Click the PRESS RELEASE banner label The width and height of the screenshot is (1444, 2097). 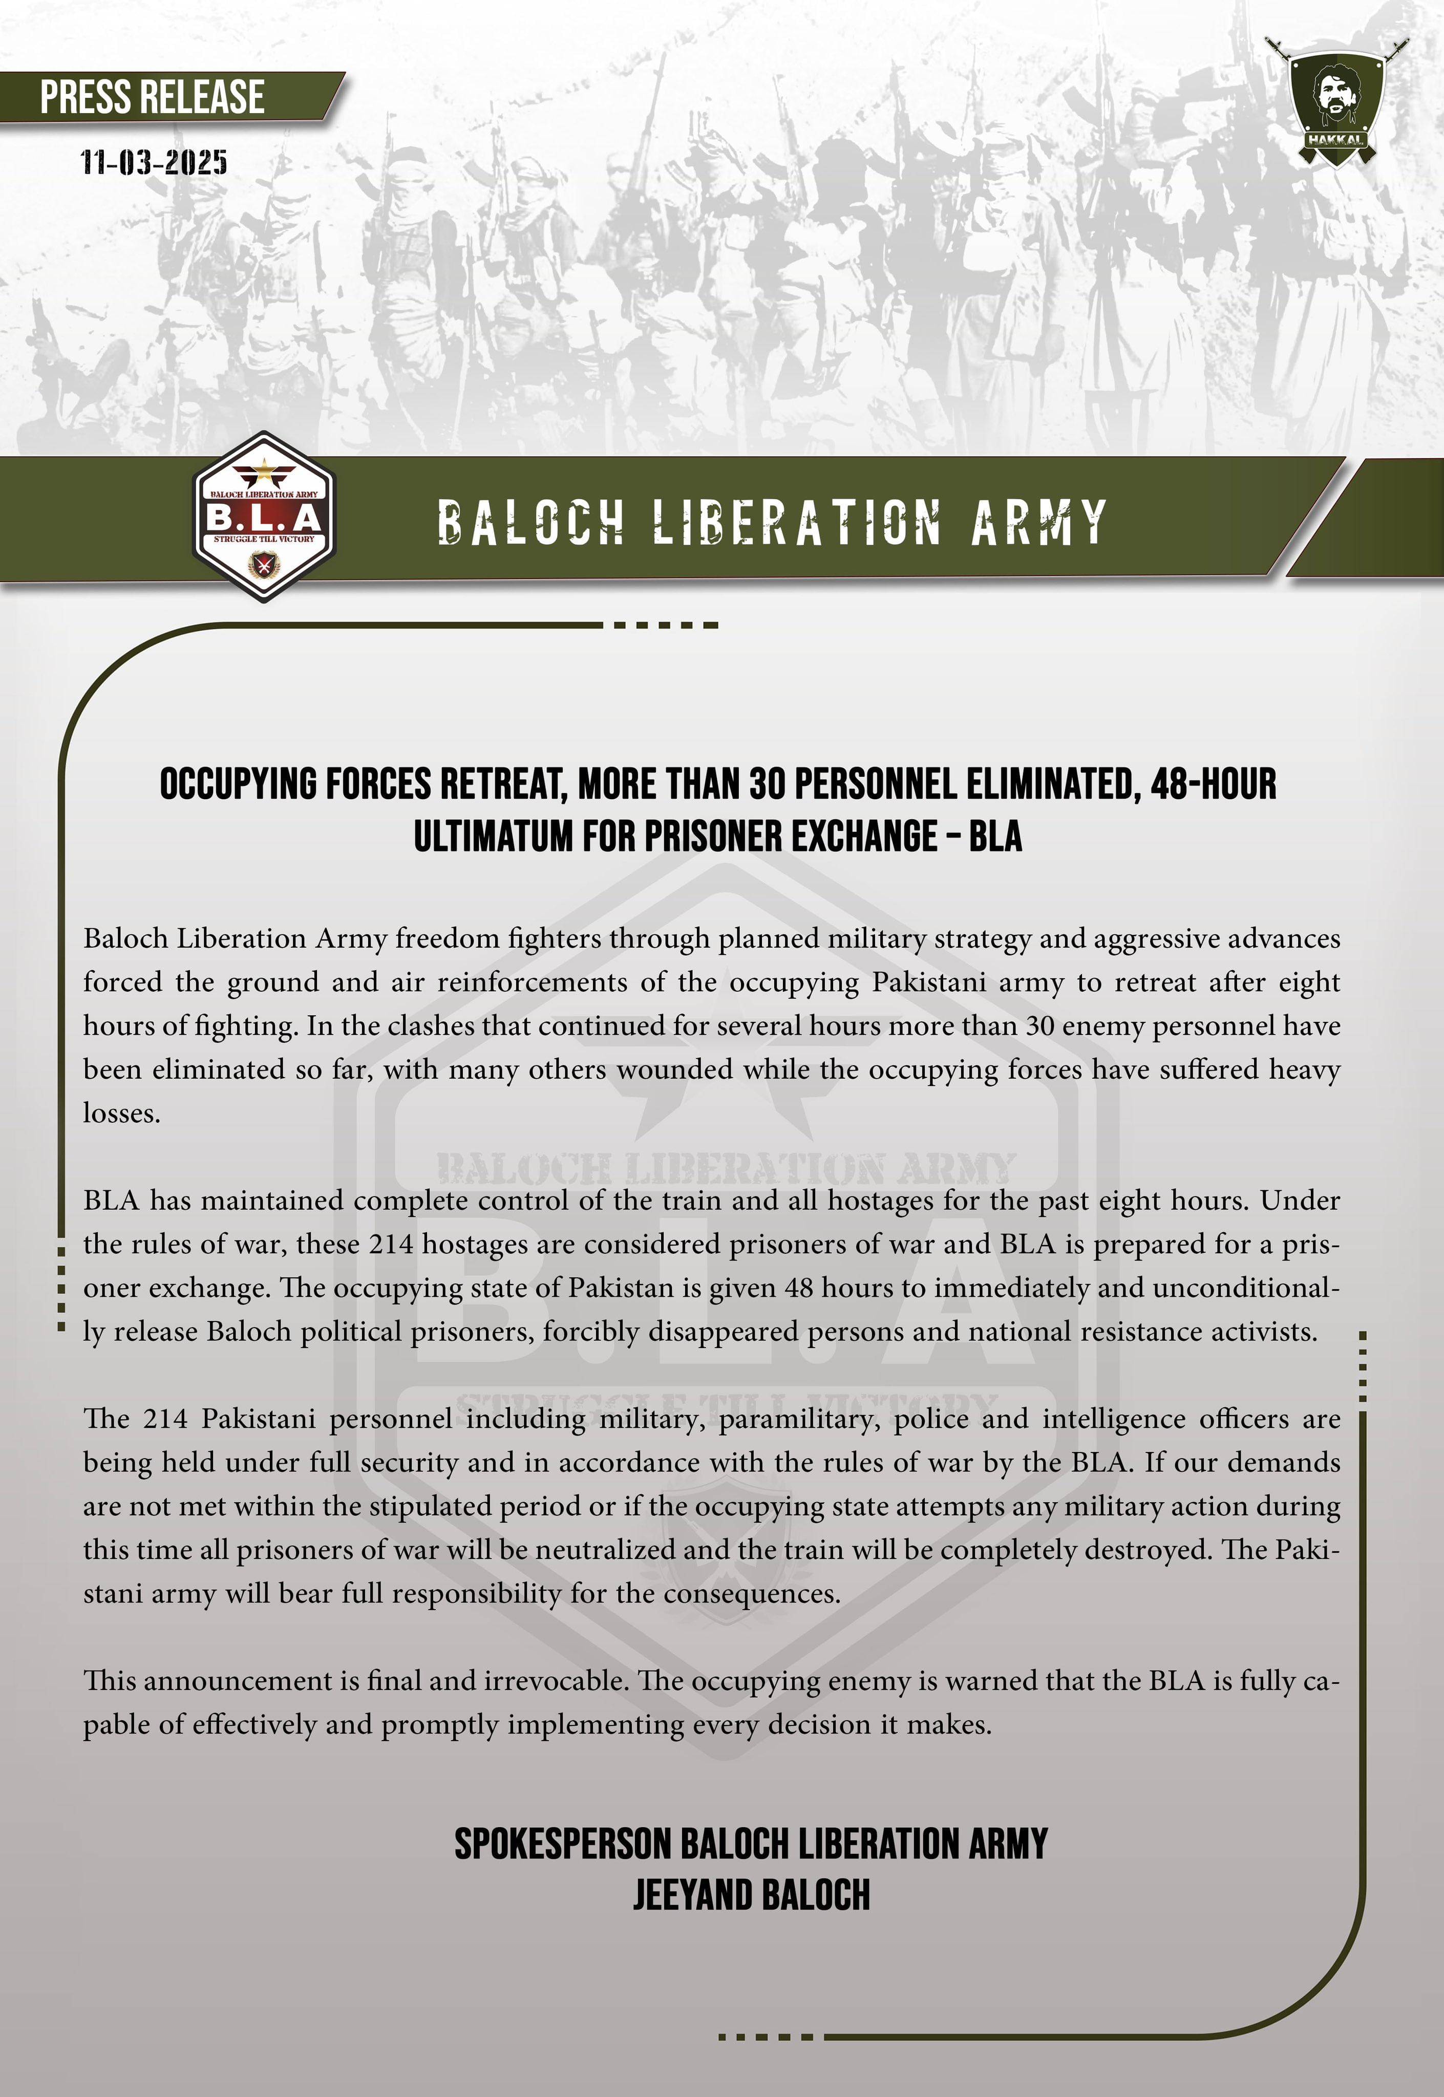152,97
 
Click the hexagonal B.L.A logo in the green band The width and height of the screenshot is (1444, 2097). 264,518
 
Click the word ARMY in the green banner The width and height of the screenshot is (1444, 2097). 1038,523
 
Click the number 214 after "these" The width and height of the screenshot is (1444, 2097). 391,1244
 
